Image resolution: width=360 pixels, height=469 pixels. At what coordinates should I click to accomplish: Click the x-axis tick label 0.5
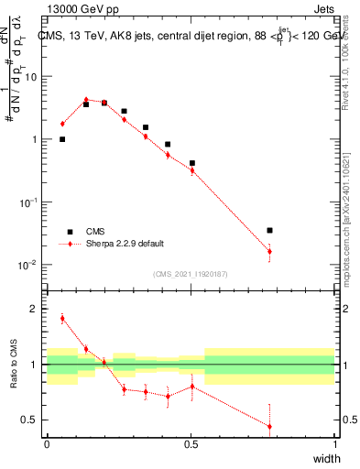(x=191, y=446)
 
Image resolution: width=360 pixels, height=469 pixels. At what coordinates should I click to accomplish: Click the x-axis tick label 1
(x=334, y=446)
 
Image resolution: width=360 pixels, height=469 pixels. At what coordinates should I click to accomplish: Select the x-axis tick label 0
(x=47, y=446)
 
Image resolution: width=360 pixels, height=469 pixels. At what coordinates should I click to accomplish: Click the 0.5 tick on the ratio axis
(x=32, y=420)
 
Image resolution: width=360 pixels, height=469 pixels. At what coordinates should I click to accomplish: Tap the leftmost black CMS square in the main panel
(x=62, y=139)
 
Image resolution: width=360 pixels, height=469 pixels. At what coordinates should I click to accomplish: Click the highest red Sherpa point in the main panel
(x=86, y=100)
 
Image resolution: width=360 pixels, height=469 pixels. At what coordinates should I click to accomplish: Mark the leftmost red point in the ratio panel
(x=62, y=319)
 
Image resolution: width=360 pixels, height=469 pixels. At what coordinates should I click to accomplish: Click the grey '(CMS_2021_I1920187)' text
(x=190, y=273)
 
